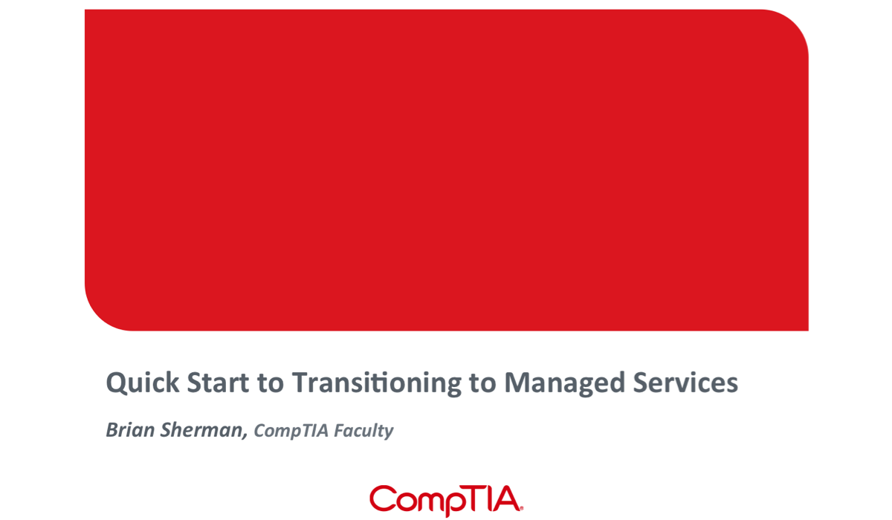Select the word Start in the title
(x=218, y=383)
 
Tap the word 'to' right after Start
(x=271, y=384)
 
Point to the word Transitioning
(x=377, y=383)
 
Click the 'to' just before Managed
(x=482, y=384)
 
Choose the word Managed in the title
(x=565, y=383)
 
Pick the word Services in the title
(x=685, y=383)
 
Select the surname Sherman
(x=201, y=430)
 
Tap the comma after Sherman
(x=245, y=436)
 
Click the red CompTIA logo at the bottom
(x=446, y=500)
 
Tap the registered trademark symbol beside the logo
(x=522, y=508)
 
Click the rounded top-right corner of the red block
(x=794, y=25)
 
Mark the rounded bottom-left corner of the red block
(x=100, y=316)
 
